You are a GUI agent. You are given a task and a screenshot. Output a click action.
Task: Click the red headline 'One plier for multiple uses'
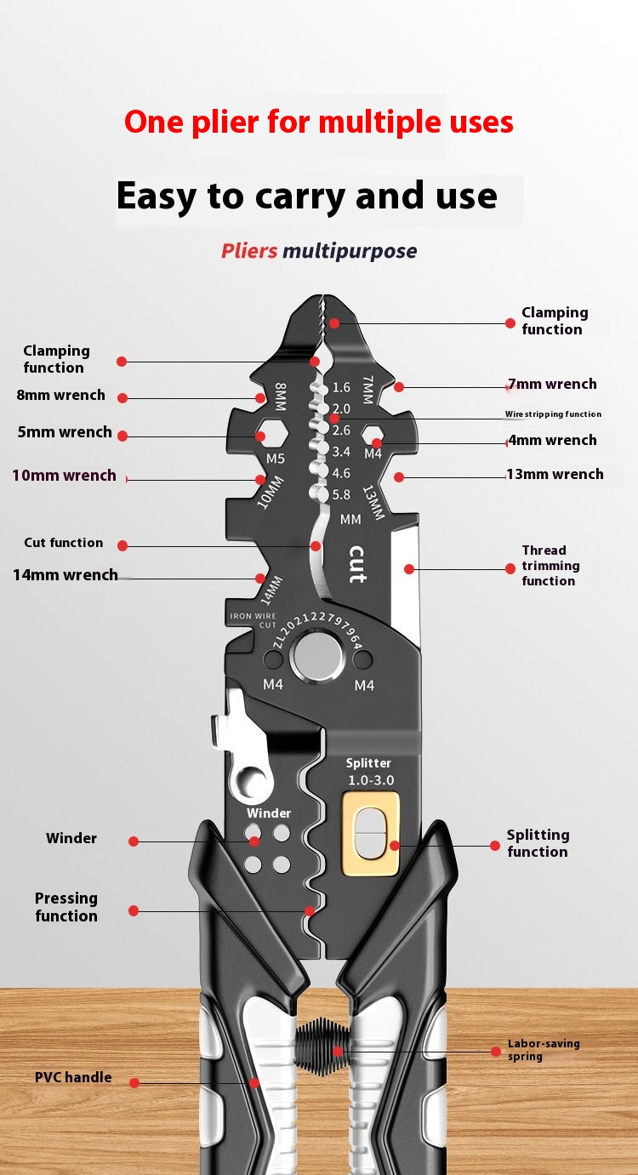[319, 123]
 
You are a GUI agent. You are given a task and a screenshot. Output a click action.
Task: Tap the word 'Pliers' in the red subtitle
[249, 251]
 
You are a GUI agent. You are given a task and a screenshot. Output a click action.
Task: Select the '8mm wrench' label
[61, 395]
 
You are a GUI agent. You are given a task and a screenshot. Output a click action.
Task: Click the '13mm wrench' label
[555, 474]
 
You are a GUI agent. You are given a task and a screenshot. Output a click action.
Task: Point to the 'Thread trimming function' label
[550, 566]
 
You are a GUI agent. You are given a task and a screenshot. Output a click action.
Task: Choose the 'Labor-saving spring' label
[544, 1050]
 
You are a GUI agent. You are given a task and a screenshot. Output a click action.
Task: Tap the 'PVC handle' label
[73, 1077]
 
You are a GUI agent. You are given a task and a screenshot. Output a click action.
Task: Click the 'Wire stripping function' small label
[553, 414]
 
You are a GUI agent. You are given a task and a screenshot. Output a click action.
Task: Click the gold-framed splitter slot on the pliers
[369, 833]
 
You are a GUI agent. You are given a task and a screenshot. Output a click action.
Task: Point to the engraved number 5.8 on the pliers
[341, 494]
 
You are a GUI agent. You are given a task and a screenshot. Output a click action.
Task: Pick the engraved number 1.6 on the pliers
[341, 387]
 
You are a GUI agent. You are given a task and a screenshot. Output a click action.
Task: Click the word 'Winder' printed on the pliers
[269, 813]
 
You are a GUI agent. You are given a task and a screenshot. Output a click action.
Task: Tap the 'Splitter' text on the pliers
[368, 763]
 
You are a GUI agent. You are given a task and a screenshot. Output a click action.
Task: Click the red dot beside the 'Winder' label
[134, 841]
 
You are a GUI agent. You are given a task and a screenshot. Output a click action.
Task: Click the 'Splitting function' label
[538, 843]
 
